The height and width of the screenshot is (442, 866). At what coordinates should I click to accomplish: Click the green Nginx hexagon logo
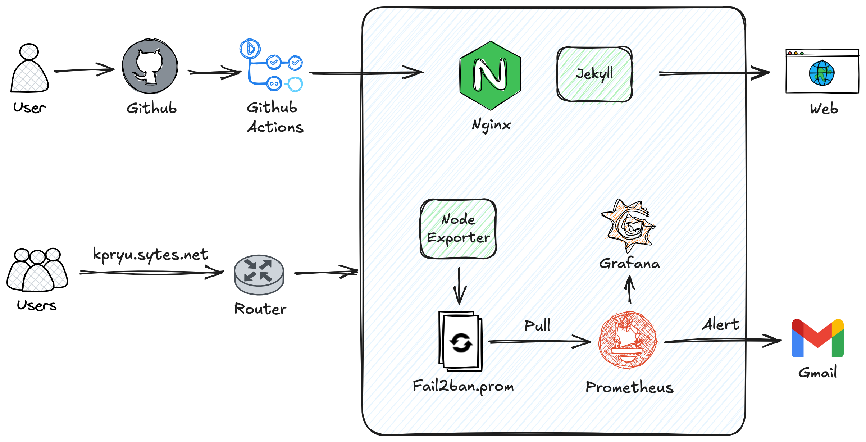(490, 75)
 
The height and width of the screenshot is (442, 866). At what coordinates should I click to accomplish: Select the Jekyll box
(594, 74)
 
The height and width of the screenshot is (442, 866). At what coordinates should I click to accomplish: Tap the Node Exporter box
(458, 229)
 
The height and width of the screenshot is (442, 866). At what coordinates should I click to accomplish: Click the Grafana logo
(629, 226)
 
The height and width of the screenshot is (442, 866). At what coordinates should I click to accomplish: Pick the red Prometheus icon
(628, 340)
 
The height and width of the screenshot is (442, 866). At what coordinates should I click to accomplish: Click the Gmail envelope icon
(817, 338)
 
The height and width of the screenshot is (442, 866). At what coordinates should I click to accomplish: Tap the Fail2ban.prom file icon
(460, 341)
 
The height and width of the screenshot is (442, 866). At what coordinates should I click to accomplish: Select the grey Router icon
(259, 275)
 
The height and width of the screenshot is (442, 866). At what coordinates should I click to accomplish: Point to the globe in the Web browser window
(821, 73)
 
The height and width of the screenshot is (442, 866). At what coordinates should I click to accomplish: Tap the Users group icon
(37, 270)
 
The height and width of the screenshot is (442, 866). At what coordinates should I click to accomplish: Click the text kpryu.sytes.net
(150, 255)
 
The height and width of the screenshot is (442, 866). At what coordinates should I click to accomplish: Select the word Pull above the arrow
(537, 325)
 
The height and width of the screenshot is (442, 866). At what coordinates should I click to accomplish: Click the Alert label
(721, 324)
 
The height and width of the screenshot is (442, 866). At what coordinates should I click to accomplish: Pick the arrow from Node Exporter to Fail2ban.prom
(459, 286)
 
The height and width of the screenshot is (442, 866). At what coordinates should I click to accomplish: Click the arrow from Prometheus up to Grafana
(629, 290)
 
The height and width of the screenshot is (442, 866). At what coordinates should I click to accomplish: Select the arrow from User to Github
(84, 70)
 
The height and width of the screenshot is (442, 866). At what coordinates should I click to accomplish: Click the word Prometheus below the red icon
(629, 387)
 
